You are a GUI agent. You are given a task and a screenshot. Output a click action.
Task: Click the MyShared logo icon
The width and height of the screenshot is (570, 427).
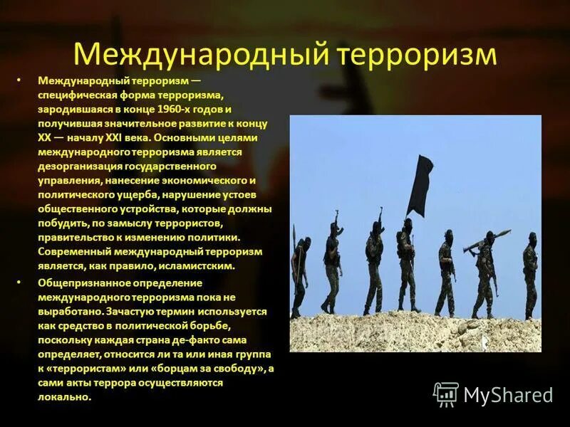point(446,394)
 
